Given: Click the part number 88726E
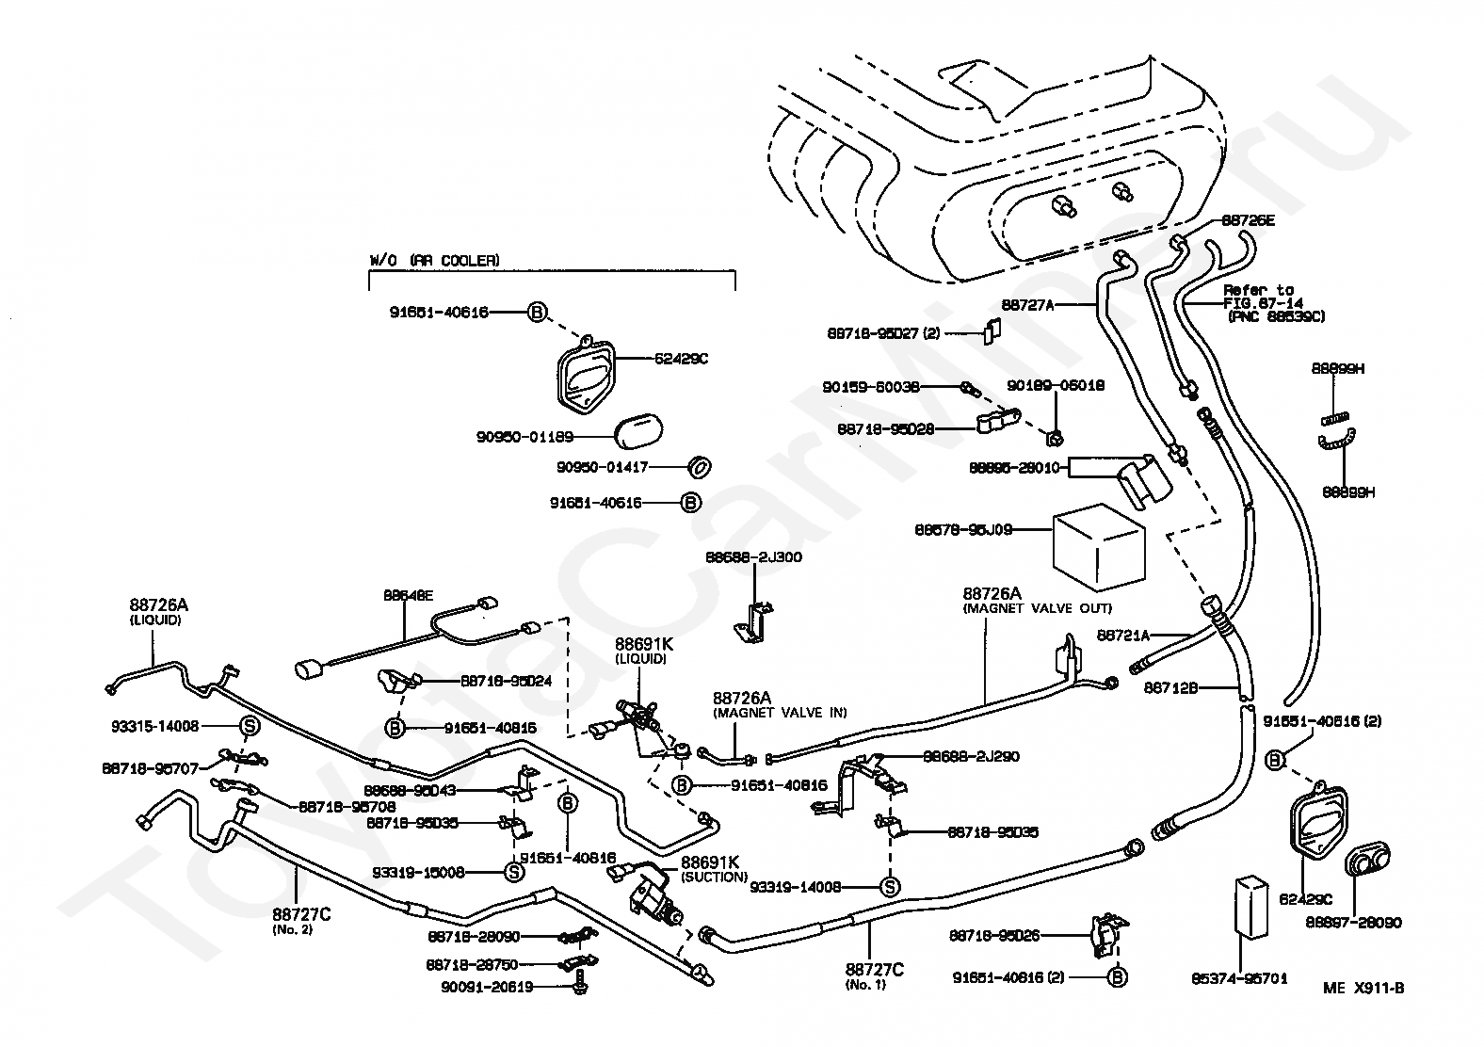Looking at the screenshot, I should click(x=1248, y=220).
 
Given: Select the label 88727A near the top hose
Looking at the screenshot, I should click(x=1027, y=304).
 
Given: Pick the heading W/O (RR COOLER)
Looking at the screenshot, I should click(x=433, y=260).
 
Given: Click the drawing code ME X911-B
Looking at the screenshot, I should click(x=1363, y=988).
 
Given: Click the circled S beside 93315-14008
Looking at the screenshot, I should click(x=250, y=726).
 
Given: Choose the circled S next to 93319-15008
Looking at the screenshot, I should click(x=514, y=872).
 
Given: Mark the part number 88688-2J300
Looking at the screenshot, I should click(x=753, y=557).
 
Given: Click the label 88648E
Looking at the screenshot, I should click(x=408, y=595).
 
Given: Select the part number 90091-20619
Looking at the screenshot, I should click(x=487, y=987).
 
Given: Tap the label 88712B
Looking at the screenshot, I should click(x=1170, y=688).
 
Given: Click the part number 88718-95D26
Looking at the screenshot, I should click(x=994, y=936).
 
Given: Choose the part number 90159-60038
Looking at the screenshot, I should click(x=870, y=386).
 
